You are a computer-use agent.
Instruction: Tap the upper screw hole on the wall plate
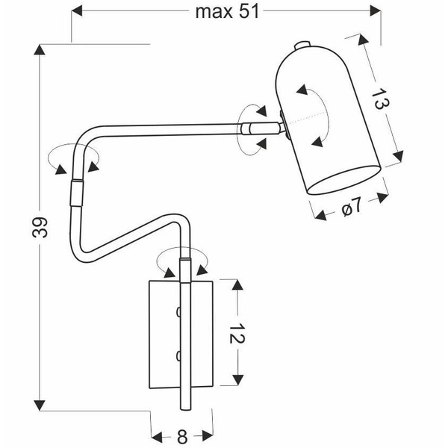[x=178, y=311]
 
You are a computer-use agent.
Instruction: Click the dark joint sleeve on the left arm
[x=76, y=193]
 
